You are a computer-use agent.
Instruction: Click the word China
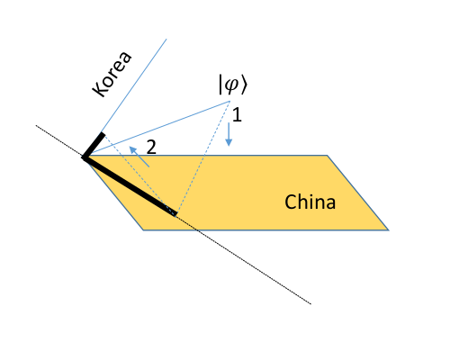click(310, 202)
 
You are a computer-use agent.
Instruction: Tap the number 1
click(237, 115)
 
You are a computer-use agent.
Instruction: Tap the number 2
click(152, 147)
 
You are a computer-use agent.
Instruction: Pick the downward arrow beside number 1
click(229, 135)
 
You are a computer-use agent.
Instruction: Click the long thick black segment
click(130, 186)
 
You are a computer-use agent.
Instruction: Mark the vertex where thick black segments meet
click(84, 157)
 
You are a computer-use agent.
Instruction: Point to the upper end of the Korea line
click(167, 40)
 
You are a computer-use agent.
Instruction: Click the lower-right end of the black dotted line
click(311, 304)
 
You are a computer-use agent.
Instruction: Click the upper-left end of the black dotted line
click(36, 126)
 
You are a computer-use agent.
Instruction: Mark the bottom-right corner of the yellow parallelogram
click(390, 229)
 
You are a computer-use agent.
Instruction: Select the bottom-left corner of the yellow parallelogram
click(143, 229)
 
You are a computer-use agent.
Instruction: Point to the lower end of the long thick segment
click(175, 215)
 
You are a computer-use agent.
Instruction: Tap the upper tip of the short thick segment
click(103, 135)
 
